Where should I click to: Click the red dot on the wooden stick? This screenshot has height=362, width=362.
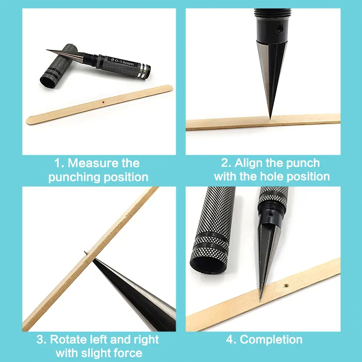coord(103,102)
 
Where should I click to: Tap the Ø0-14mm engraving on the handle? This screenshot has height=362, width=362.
coord(122,62)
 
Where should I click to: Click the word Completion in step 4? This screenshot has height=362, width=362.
coord(271,340)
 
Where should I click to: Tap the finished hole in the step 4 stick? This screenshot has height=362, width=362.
coord(286,286)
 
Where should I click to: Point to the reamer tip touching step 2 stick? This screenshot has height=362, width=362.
coord(270,118)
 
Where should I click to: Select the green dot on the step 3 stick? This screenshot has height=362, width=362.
coord(86,260)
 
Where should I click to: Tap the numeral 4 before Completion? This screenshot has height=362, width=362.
coord(230,340)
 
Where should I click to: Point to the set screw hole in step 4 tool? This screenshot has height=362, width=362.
coord(270,215)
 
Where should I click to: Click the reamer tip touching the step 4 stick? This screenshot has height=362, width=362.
coord(260,300)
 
